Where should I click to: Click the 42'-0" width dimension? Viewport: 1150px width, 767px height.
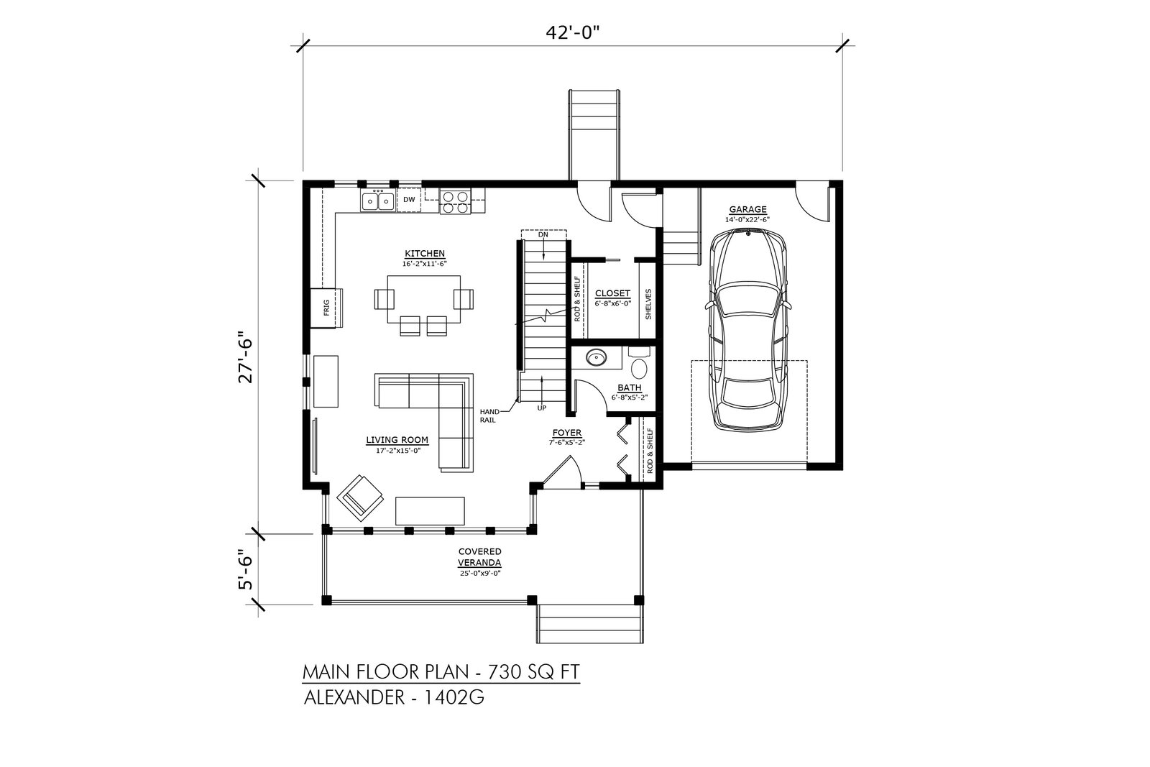tap(572, 33)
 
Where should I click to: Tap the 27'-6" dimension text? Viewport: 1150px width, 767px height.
tap(246, 361)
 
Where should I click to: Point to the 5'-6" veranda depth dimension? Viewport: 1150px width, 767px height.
tap(246, 570)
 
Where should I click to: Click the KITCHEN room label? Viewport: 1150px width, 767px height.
tap(425, 254)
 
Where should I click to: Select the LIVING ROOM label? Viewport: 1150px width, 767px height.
tap(397, 440)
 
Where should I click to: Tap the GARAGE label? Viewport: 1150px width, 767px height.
tap(747, 209)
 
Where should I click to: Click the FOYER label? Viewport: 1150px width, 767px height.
tap(567, 433)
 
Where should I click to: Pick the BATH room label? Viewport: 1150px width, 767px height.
tap(629, 388)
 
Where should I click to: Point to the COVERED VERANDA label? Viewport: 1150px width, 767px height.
tap(480, 557)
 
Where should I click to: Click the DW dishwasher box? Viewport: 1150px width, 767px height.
tap(409, 200)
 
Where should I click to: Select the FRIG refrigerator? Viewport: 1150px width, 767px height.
tap(326, 308)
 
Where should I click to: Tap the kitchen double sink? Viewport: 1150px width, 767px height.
tap(377, 201)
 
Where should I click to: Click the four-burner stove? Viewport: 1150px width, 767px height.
tap(456, 201)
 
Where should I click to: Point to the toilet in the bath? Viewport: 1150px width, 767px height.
tap(639, 364)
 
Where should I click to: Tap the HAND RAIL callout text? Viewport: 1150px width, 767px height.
tap(489, 415)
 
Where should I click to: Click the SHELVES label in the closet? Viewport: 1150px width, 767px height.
tap(648, 305)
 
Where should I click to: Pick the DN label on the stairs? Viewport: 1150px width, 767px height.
tap(543, 234)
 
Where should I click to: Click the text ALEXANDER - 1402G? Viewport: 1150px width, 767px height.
tap(394, 698)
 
